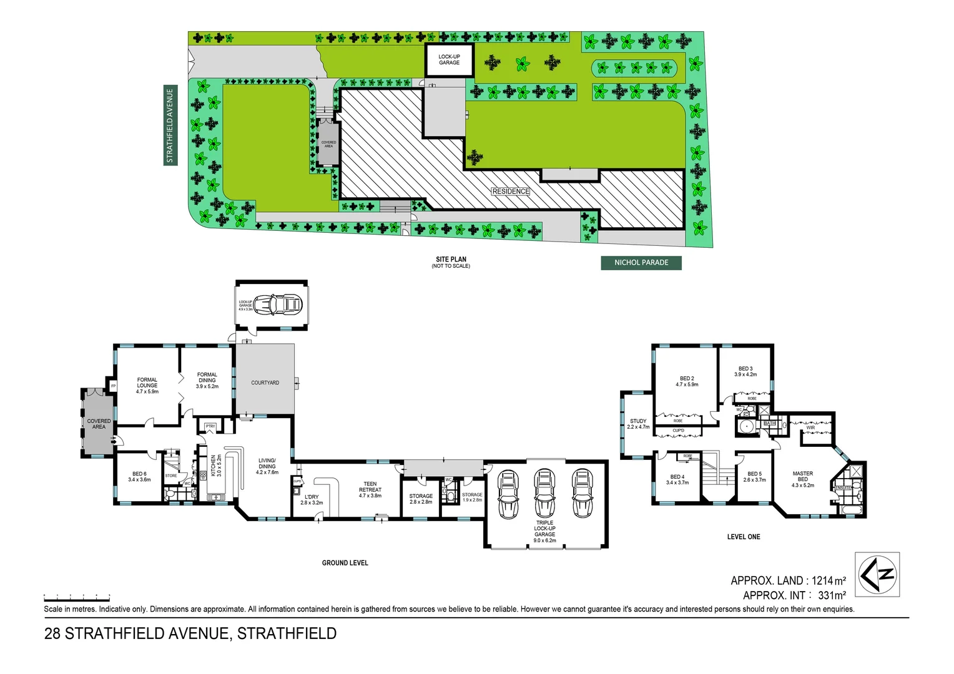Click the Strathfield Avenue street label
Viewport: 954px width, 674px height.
[x=170, y=125]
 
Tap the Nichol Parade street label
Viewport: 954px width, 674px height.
[x=641, y=263]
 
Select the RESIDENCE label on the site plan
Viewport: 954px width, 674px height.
[x=510, y=192]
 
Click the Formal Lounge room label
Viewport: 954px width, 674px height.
[x=147, y=385]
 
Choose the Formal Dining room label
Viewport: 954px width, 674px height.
[x=207, y=380]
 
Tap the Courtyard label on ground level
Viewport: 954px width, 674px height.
[x=265, y=383]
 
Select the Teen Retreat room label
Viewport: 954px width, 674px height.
[x=370, y=489]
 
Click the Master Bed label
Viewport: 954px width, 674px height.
[x=802, y=479]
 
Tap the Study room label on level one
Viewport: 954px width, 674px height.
[x=638, y=424]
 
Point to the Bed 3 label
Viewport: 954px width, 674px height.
[x=745, y=371]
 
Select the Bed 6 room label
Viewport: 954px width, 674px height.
[x=139, y=476]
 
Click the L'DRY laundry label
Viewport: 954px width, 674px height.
[x=312, y=499]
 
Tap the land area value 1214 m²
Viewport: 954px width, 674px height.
[x=829, y=580]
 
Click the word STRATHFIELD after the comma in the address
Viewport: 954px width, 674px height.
[x=287, y=633]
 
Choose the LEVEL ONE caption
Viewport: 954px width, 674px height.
[x=744, y=537]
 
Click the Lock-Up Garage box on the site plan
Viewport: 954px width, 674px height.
[x=449, y=60]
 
